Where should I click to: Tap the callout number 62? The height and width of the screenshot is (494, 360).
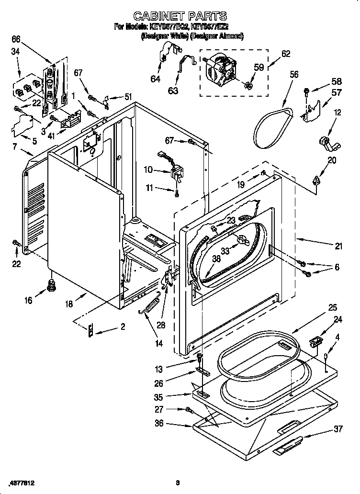pos(286,54)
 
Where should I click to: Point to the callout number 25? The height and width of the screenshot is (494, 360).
pos(332,307)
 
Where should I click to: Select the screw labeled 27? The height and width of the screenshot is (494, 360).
pos(188,410)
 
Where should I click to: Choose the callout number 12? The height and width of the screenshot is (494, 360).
pos(338,112)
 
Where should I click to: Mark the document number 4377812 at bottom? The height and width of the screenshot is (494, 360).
pos(22,483)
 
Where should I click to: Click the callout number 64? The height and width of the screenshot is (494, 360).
pos(156,79)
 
